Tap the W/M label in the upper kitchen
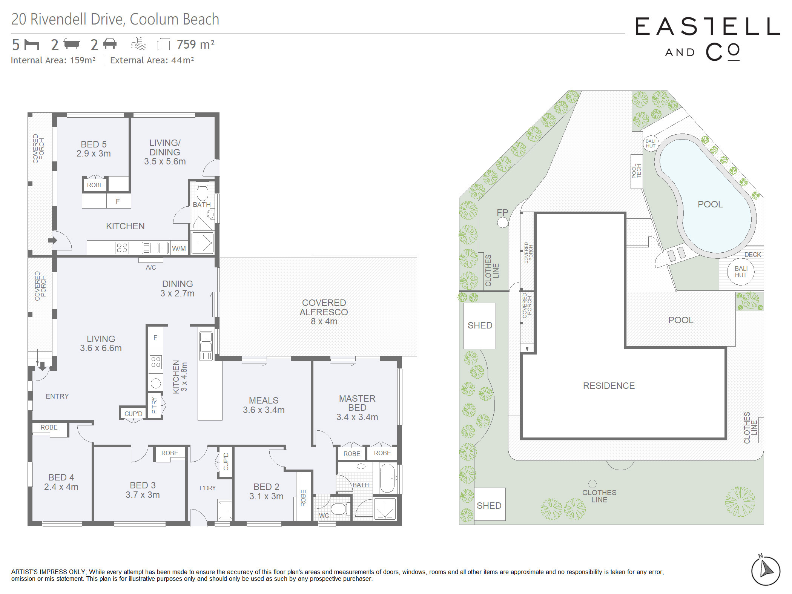[x=179, y=249]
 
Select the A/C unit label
[x=151, y=267]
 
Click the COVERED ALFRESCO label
[x=324, y=307]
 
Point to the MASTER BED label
[x=357, y=403]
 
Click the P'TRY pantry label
[x=154, y=405]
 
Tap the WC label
[x=324, y=516]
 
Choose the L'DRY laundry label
[x=207, y=488]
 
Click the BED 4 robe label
[x=49, y=427]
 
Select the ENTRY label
[x=57, y=396]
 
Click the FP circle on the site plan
[x=502, y=223]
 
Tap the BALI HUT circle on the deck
[x=741, y=272]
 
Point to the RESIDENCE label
[x=609, y=385]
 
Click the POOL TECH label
[x=636, y=171]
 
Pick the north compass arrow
[x=766, y=569]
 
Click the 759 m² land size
[x=196, y=45]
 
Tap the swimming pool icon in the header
[x=138, y=44]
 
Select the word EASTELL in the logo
[x=708, y=26]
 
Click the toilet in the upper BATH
[x=203, y=192]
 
